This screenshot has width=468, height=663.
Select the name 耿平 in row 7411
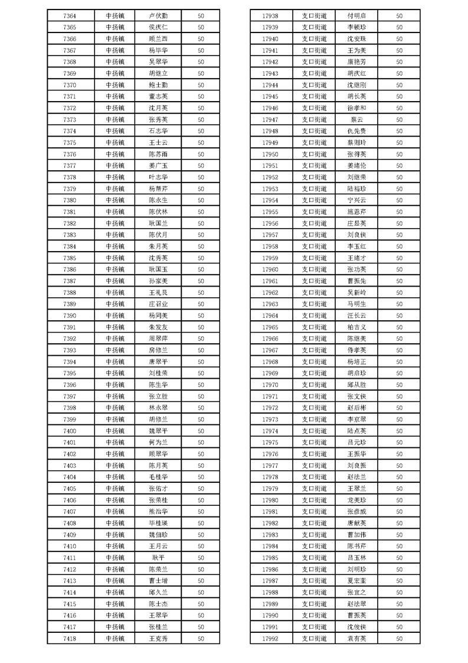[x=158, y=557]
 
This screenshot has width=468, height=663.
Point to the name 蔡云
[x=356, y=119]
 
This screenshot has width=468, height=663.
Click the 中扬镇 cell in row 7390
[x=115, y=316]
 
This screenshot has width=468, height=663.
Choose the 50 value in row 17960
[x=399, y=269]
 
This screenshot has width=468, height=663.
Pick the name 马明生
[x=356, y=304]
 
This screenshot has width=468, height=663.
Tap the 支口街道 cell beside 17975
[x=314, y=442]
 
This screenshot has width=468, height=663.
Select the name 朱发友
[x=158, y=327]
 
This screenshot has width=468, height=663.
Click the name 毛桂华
[x=158, y=477]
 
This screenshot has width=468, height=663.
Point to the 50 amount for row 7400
[x=201, y=431]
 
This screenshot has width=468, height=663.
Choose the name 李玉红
[x=356, y=246]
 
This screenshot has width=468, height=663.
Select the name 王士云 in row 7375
[x=158, y=142]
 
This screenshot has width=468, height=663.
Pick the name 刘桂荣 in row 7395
[x=158, y=373]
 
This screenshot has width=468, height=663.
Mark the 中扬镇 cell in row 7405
[x=115, y=488]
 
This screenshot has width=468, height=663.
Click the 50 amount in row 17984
[x=399, y=546]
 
